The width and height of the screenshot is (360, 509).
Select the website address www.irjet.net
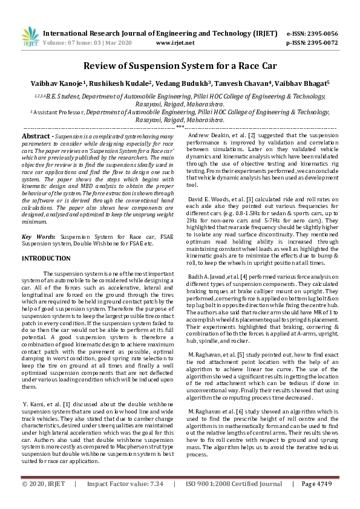coord(175,43)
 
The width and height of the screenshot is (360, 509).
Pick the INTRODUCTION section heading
coord(47,258)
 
